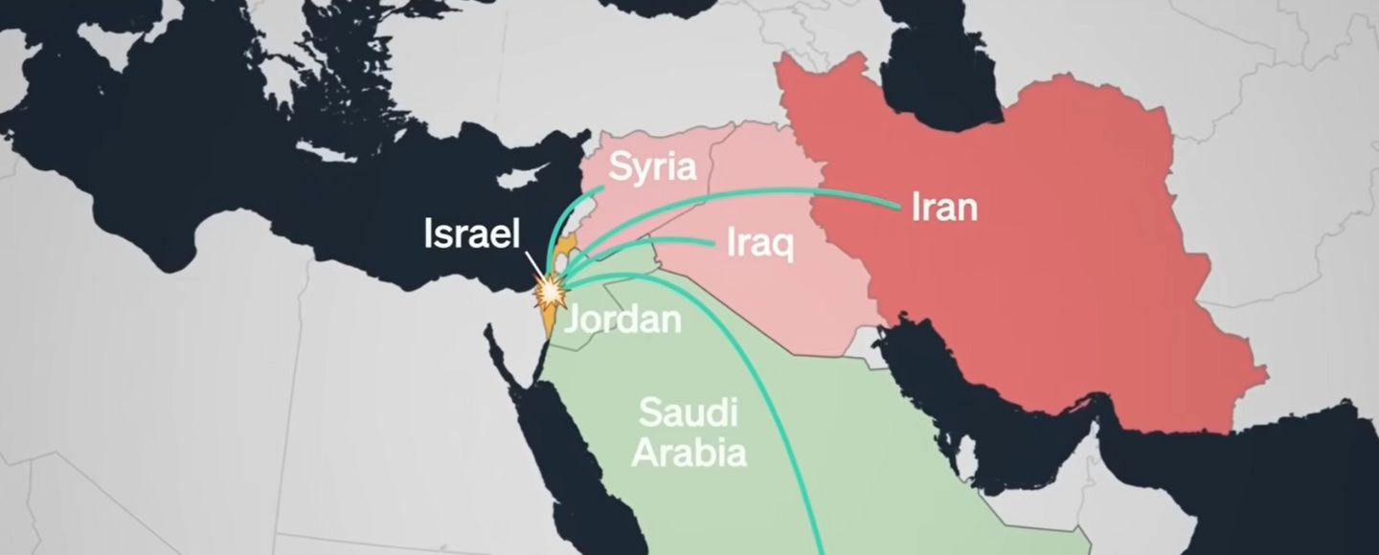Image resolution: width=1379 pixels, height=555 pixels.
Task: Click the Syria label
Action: (x=652, y=167)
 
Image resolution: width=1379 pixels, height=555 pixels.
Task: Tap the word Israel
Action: (x=472, y=234)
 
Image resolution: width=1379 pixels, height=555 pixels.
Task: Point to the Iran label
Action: (x=944, y=207)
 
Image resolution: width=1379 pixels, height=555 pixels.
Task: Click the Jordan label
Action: (x=622, y=319)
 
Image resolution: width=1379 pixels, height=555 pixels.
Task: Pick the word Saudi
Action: (x=689, y=414)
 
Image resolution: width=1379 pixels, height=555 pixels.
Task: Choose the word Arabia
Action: (x=689, y=452)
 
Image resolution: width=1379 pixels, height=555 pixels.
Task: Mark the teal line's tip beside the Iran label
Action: (x=898, y=204)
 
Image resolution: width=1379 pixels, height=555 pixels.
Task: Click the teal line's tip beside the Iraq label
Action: (x=713, y=243)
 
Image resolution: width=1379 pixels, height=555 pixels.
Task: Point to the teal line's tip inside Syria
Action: (x=600, y=189)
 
